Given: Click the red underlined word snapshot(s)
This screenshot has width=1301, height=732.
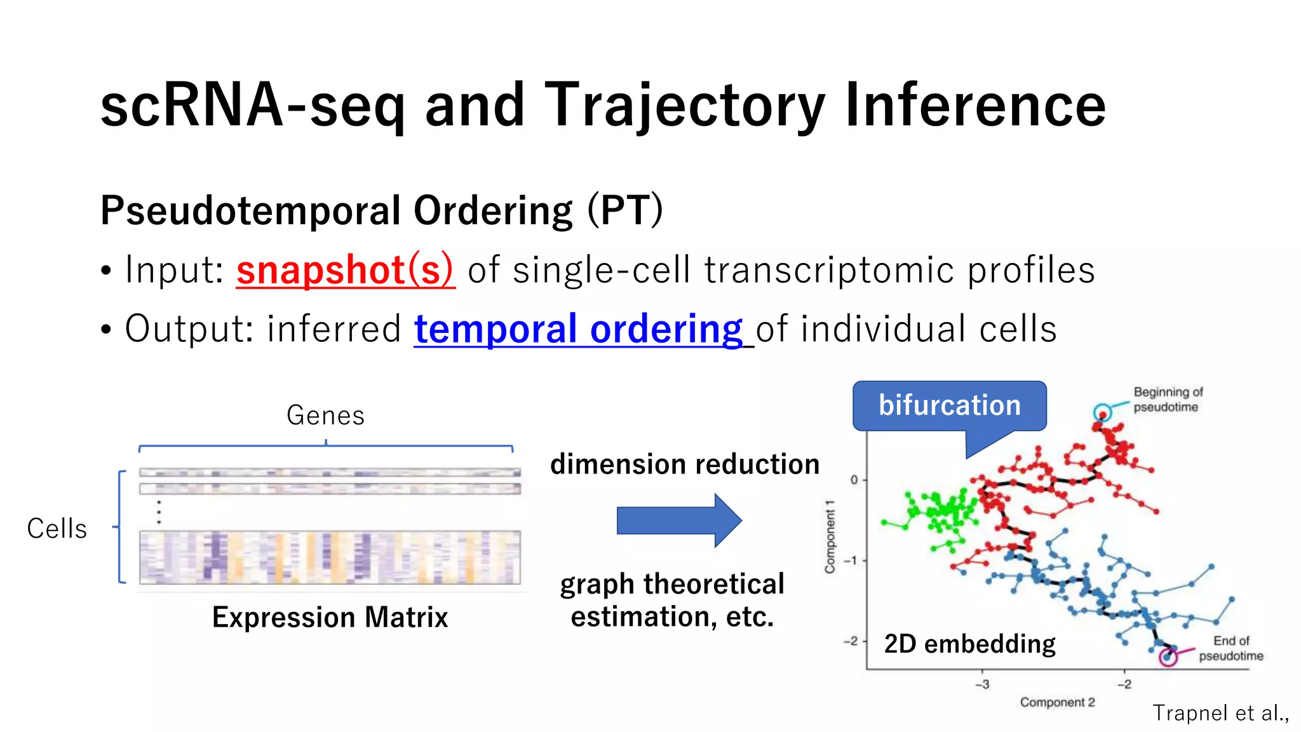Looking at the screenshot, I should (x=346, y=270).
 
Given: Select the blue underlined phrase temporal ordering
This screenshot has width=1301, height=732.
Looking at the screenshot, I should (x=578, y=329).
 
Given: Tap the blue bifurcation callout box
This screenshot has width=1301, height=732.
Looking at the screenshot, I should (x=949, y=406).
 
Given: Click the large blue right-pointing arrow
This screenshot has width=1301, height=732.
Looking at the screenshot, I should (x=678, y=520).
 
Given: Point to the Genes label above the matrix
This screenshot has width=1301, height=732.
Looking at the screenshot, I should (x=325, y=416).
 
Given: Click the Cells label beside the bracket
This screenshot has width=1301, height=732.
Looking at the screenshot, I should (x=57, y=529).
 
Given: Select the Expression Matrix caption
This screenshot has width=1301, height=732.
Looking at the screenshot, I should (x=330, y=618).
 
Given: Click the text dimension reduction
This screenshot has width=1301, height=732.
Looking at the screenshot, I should (x=685, y=464).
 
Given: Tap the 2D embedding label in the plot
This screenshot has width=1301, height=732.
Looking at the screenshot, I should (x=969, y=644).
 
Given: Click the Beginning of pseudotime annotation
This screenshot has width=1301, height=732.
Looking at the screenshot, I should (x=1168, y=400).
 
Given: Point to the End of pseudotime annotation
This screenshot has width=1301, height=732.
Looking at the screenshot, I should (x=1230, y=648).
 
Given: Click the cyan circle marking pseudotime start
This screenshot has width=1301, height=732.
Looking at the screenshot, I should (x=1102, y=412).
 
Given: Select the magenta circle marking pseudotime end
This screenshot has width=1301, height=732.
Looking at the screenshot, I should (x=1168, y=657).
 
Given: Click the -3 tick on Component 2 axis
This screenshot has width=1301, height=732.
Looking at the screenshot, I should (x=982, y=684).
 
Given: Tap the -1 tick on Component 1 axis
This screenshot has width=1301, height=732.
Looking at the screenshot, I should (x=851, y=560).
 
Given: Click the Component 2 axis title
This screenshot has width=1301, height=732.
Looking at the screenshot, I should (x=1057, y=702).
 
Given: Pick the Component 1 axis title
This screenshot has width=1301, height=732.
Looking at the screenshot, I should (x=830, y=537).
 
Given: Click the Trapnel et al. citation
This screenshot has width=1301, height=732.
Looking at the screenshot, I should (x=1220, y=713).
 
